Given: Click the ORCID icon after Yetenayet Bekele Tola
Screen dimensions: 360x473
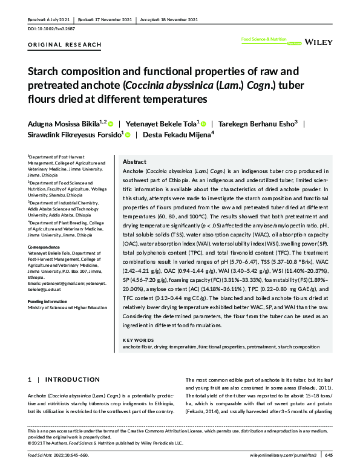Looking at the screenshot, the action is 204,123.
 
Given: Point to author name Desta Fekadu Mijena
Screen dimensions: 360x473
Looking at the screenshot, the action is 176,135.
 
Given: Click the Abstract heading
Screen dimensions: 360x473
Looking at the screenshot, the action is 134,162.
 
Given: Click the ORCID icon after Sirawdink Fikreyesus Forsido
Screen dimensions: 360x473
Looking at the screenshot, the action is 126,135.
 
